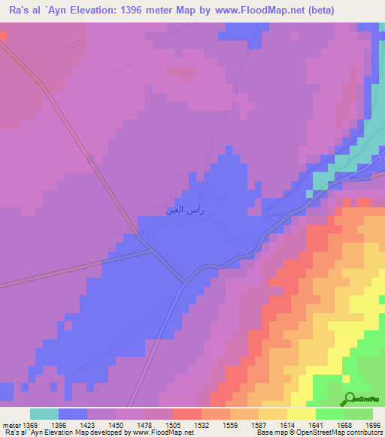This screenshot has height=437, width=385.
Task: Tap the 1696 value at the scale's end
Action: pyautogui.click(x=373, y=423)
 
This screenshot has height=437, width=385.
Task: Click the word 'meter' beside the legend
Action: pyautogui.click(x=11, y=423)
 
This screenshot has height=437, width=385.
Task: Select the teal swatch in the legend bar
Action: pyautogui.click(x=44, y=414)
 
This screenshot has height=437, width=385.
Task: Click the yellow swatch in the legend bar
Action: pyautogui.click(x=302, y=414)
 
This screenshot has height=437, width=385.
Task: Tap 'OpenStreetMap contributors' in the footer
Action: pyautogui.click(x=340, y=432)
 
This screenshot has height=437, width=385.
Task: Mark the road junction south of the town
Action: pyautogui.click(x=185, y=283)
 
